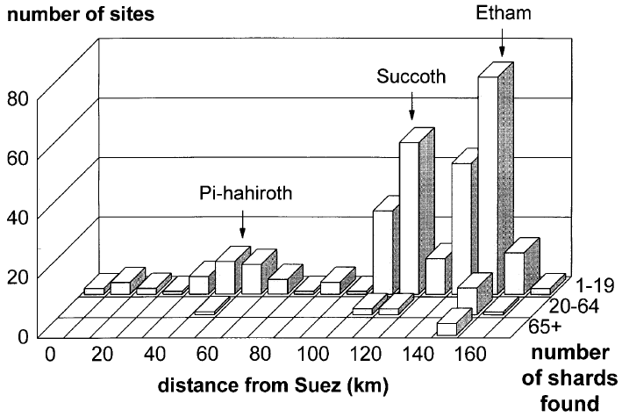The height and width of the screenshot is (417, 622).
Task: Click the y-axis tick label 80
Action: click(x=19, y=98)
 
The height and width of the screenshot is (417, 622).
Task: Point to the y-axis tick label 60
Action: click(x=19, y=158)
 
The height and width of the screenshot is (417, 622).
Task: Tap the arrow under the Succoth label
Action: click(x=411, y=106)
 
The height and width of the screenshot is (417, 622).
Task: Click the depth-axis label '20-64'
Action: click(x=583, y=308)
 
